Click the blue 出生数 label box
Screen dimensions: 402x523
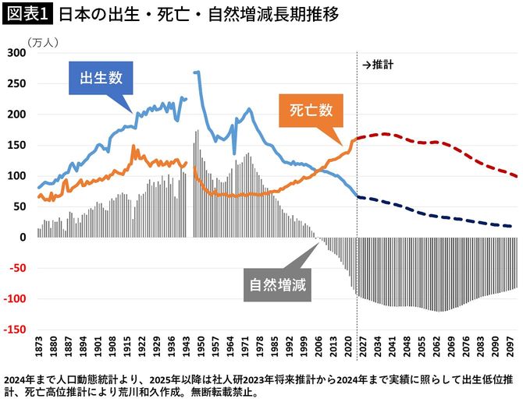(100, 78)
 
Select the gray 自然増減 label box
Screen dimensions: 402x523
(276, 284)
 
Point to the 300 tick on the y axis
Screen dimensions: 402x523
(16, 53)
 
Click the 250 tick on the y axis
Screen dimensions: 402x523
(16, 83)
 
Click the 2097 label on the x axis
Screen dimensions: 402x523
(507, 348)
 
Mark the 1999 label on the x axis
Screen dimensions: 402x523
(301, 348)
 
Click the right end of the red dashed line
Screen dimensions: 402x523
(516, 176)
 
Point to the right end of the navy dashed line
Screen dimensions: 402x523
(511, 227)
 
